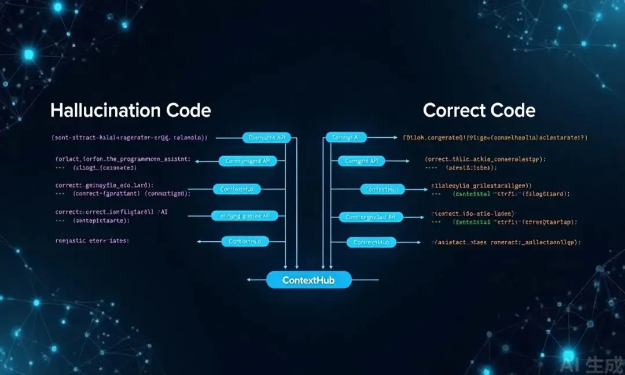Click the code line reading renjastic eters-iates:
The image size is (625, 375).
[x=92, y=241]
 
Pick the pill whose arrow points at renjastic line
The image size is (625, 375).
[x=245, y=241]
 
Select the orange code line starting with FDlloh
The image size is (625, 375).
[x=495, y=138]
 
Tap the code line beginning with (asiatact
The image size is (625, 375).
[x=506, y=242]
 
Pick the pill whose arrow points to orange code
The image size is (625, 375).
[x=345, y=138]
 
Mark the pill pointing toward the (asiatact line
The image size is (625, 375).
[x=371, y=242]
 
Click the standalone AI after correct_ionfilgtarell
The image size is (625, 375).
[x=164, y=212]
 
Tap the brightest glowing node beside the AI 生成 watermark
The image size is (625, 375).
[x=569, y=354]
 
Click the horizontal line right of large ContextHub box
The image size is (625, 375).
[x=365, y=280]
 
